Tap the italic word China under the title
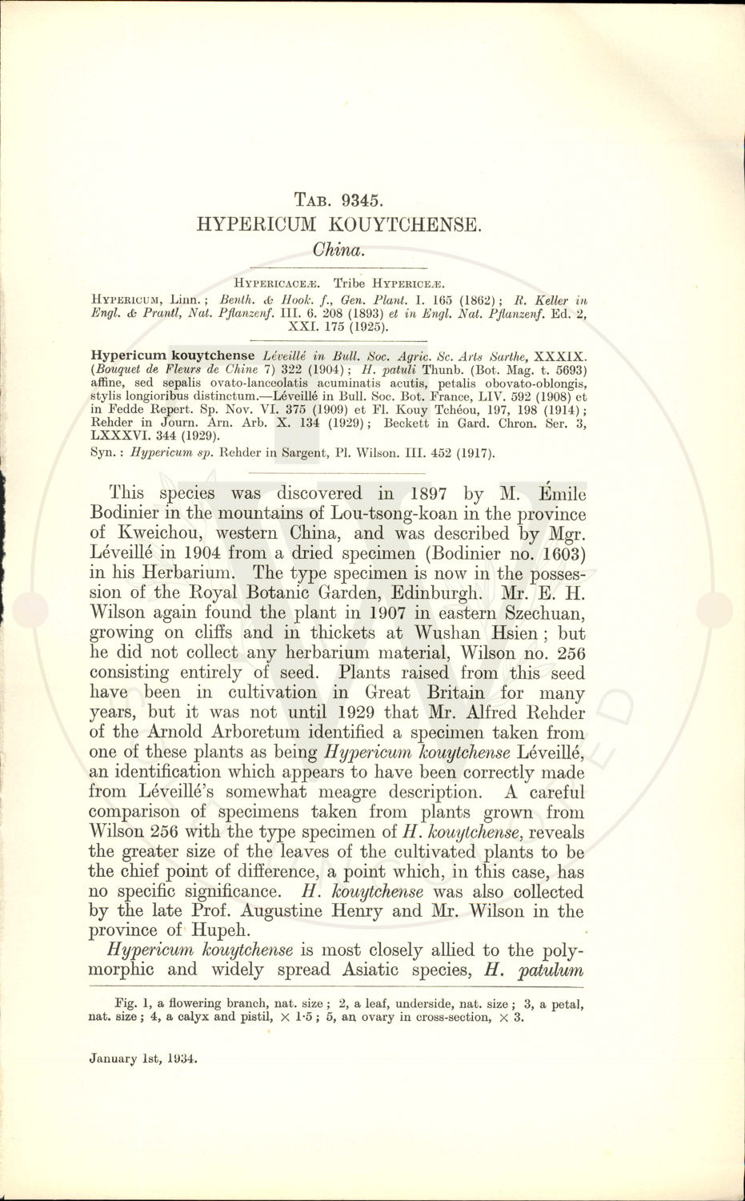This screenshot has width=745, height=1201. [340, 249]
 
